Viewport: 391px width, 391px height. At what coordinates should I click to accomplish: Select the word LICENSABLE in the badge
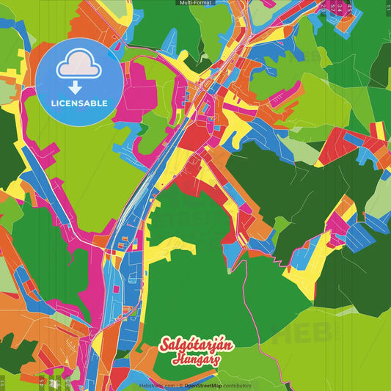pos(78,103)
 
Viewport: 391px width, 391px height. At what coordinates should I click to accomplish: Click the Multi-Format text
pos(195,3)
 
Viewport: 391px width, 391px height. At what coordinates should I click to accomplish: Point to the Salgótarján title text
pos(196,346)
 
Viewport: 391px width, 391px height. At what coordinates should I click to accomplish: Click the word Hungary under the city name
pos(196,360)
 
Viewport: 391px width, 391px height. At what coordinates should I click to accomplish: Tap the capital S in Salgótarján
pos(166,346)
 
